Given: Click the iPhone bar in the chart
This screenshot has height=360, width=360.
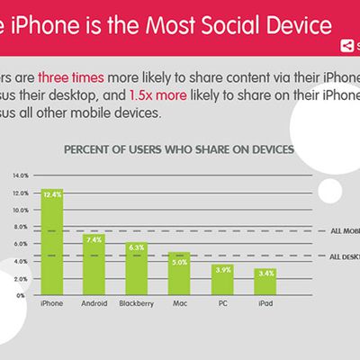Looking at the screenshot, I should click(52, 243).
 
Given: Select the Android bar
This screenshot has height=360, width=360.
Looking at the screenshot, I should click(94, 265).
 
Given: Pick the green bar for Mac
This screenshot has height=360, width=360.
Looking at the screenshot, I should click(179, 274).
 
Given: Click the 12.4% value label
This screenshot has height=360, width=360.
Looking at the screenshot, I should click(52, 193).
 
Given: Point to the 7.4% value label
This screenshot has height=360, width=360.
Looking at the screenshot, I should click(94, 239).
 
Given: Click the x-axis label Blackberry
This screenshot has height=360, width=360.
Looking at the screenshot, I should click(137, 304).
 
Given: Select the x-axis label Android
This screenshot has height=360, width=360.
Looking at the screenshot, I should click(94, 304).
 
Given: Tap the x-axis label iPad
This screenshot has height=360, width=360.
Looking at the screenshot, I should click(265, 304).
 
